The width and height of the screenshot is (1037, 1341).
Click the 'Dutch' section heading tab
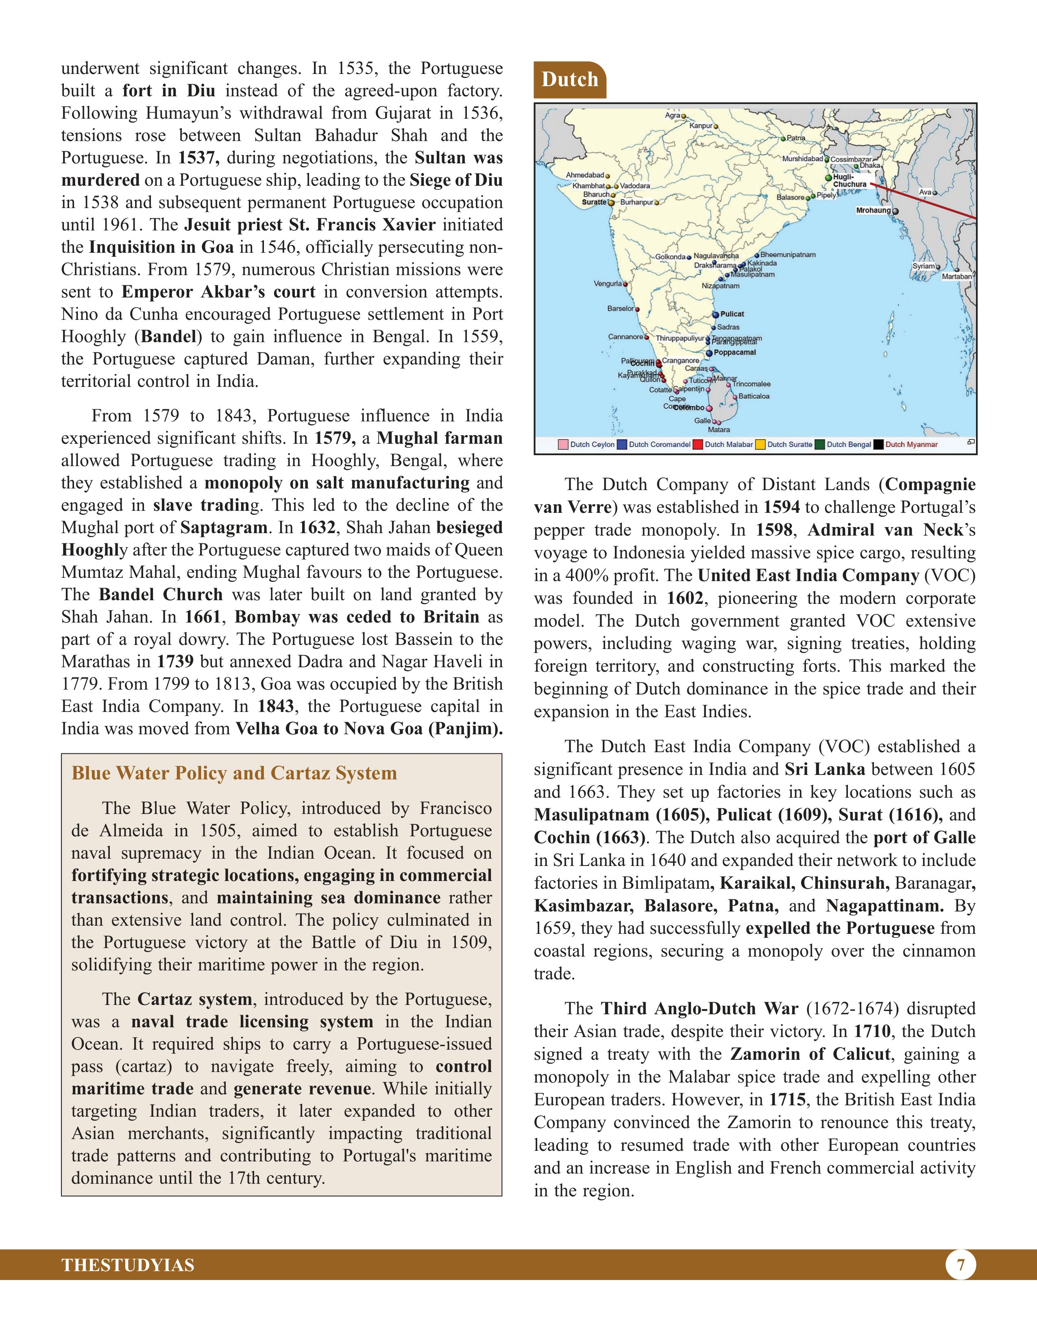(569, 80)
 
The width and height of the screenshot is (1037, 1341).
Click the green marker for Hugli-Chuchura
(828, 178)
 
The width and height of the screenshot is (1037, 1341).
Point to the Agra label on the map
(672, 115)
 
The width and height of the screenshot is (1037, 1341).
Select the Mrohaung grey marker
(895, 210)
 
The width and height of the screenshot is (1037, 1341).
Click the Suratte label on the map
(593, 202)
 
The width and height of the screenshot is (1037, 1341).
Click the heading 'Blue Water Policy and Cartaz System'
(234, 773)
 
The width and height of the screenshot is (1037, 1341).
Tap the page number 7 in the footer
(960, 1265)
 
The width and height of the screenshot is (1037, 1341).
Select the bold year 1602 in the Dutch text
(684, 598)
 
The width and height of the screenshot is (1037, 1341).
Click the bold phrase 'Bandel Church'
(161, 595)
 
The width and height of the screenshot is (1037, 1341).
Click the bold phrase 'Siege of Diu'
(455, 180)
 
